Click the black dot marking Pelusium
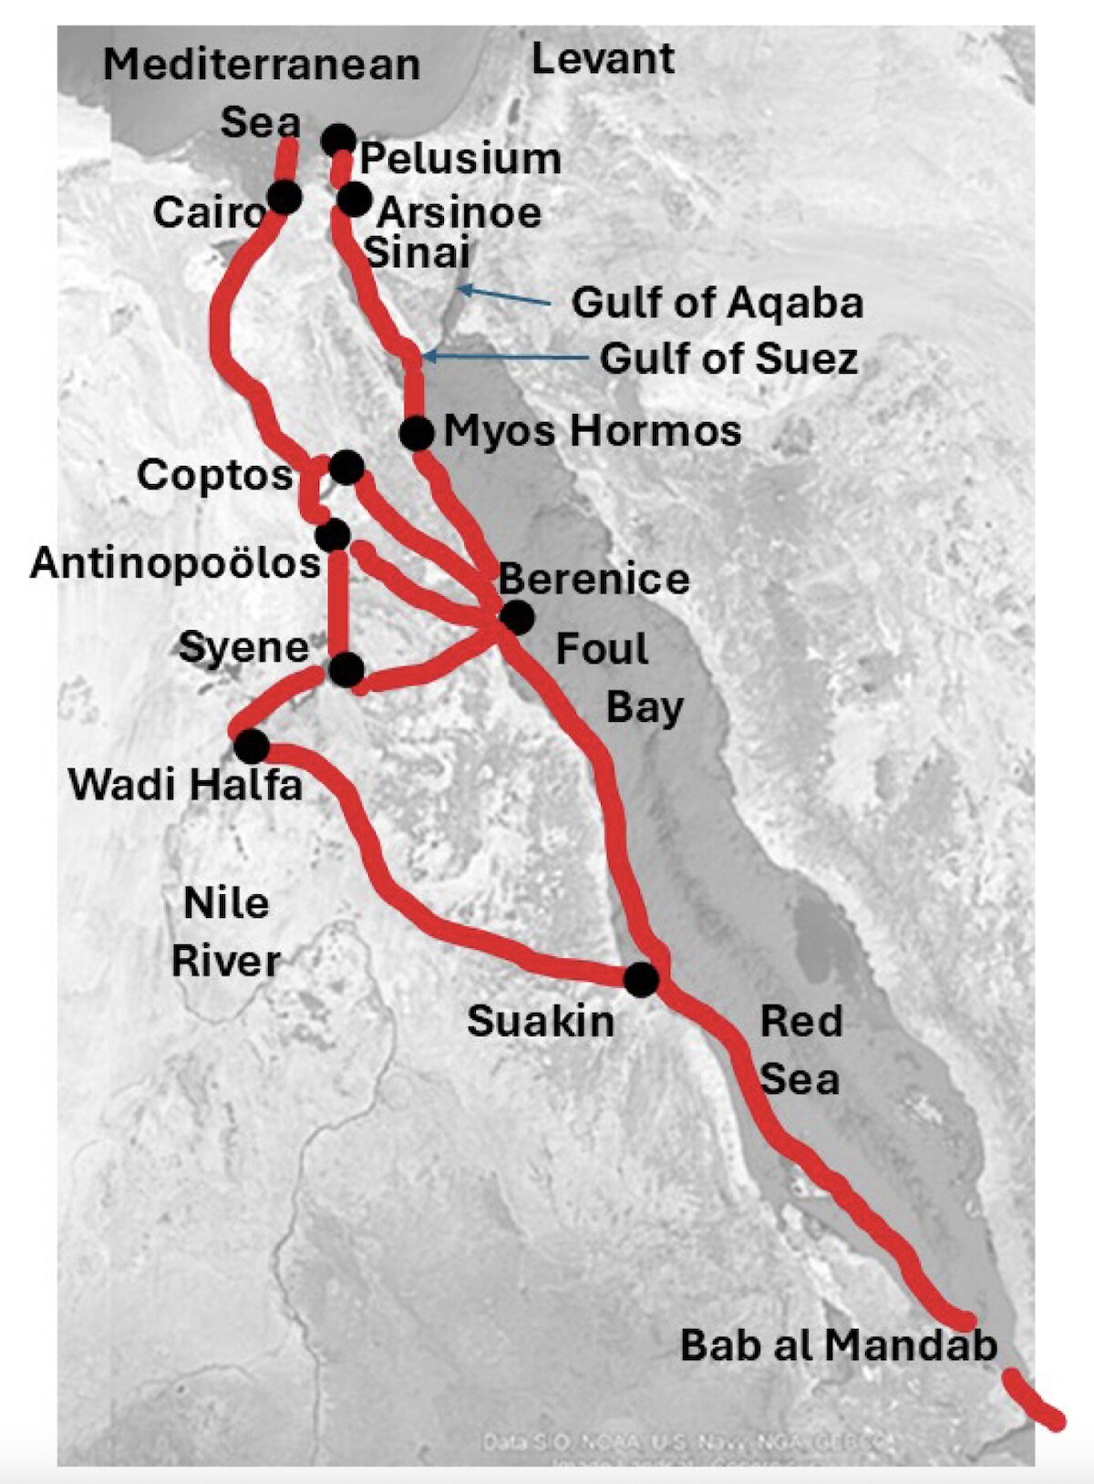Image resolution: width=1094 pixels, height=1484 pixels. (x=338, y=140)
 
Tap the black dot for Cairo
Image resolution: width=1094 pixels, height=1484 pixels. (x=284, y=197)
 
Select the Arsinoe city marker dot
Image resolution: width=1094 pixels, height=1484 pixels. (x=354, y=199)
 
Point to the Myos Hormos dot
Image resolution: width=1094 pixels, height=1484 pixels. (x=417, y=433)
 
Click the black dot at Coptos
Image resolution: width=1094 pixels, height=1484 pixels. (x=347, y=468)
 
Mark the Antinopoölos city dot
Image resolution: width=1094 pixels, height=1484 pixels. (x=334, y=534)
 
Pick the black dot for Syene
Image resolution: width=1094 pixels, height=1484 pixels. (x=346, y=670)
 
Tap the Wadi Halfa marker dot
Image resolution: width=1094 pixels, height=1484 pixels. (x=252, y=746)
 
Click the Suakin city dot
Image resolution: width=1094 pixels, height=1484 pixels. (x=641, y=979)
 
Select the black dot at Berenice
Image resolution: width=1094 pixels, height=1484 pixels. (x=517, y=617)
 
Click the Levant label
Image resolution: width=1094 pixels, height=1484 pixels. (x=603, y=59)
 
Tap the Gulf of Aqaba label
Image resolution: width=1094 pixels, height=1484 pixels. (x=717, y=304)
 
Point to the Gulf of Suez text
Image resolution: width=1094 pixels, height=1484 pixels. (x=728, y=358)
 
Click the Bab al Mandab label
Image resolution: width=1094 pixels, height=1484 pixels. (x=839, y=1345)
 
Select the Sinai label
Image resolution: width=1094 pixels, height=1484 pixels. (x=418, y=252)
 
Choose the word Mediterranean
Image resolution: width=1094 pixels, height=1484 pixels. (x=262, y=65)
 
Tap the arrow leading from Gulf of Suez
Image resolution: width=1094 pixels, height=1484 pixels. (x=506, y=357)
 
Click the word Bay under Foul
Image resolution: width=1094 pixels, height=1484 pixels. (x=645, y=707)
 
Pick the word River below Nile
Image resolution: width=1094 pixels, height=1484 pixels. (x=226, y=962)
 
